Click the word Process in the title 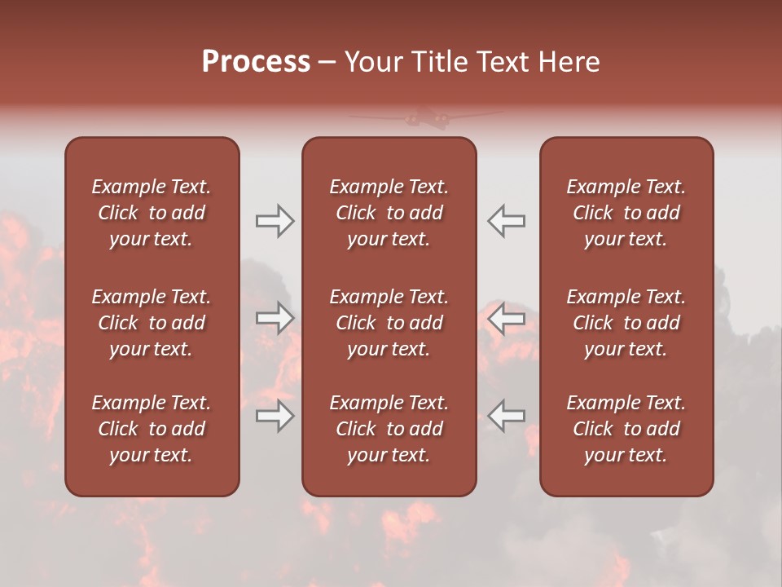click(256, 62)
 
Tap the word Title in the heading click(437, 62)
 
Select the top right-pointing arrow click(275, 220)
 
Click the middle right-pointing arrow click(275, 318)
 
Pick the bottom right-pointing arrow click(275, 416)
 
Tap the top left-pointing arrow click(507, 220)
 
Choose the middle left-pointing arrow click(507, 318)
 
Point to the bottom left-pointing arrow click(507, 416)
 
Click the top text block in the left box click(152, 213)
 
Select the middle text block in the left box click(152, 323)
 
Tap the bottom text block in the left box click(152, 429)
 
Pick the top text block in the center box click(389, 213)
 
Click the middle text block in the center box click(389, 323)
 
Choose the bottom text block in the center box click(389, 429)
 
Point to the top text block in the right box click(626, 213)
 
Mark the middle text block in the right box click(626, 323)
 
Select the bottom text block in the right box click(626, 429)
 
